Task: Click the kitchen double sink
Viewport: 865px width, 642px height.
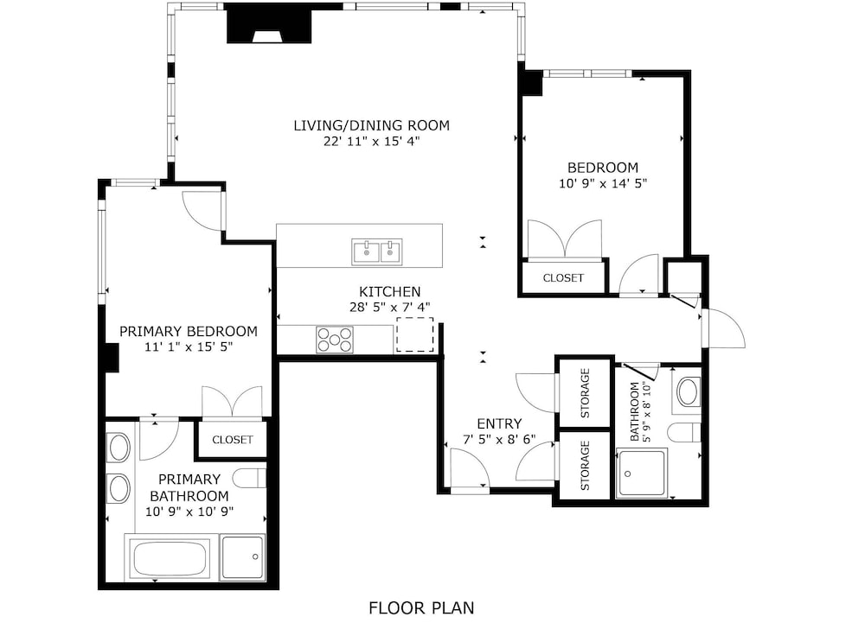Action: tap(377, 251)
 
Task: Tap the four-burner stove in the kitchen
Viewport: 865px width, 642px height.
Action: tap(334, 340)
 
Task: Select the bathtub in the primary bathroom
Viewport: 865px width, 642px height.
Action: tap(170, 558)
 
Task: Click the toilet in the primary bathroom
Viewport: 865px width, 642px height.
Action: tap(249, 479)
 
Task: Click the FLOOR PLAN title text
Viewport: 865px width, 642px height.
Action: tap(421, 607)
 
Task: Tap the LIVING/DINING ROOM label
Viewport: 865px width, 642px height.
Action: tap(371, 125)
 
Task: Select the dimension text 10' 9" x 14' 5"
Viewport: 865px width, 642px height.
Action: tap(602, 183)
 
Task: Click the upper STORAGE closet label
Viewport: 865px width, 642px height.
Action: tap(586, 393)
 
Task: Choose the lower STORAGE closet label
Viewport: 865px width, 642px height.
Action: tap(586, 466)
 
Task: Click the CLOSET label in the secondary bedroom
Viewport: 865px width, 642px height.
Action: tap(563, 278)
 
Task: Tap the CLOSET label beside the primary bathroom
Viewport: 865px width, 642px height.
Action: tap(232, 440)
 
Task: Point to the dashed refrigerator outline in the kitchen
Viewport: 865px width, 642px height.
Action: tap(415, 334)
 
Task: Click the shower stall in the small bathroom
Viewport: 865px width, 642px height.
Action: tap(641, 473)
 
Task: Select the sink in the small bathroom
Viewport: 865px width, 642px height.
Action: tap(688, 391)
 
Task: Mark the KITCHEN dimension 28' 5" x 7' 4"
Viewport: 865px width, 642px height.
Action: tap(389, 308)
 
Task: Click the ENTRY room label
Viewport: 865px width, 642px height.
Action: tap(499, 423)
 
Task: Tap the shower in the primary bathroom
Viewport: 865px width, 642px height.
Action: tap(243, 557)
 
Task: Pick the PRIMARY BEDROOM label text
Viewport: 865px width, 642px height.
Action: tap(189, 332)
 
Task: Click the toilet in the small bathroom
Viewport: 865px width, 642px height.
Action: tap(684, 433)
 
